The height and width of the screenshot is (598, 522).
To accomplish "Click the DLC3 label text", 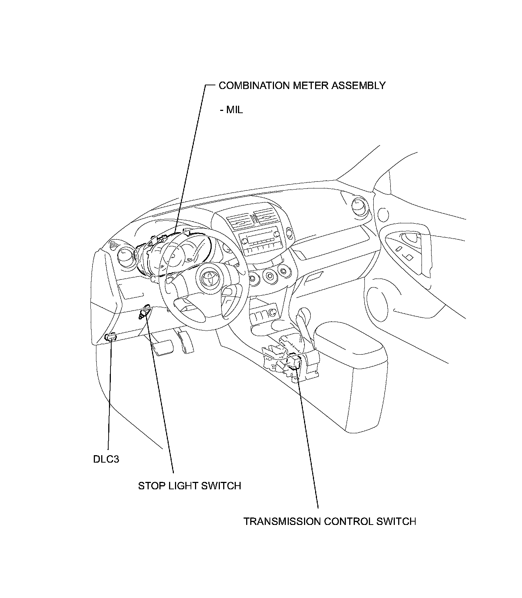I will (x=106, y=459).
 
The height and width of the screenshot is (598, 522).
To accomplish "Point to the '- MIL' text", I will (x=231, y=110).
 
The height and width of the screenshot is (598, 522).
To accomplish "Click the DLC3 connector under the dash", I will (x=110, y=337).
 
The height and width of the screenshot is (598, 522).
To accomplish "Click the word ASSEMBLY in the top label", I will (x=358, y=85).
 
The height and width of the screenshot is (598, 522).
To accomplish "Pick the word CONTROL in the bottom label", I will (x=348, y=521).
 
